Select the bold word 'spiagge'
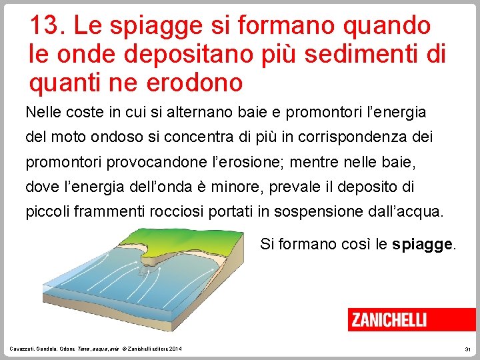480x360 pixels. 423,244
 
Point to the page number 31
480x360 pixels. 467,349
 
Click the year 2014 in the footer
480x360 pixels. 175,349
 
